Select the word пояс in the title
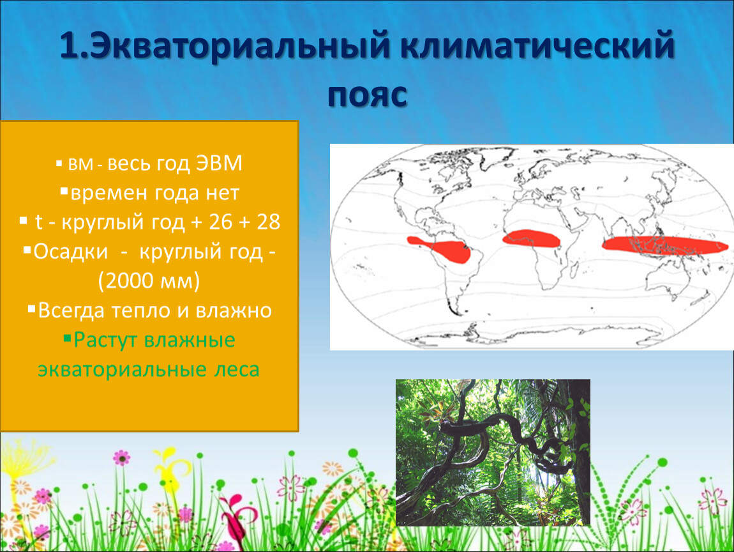[x=367, y=96]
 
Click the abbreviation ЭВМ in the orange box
[x=219, y=163]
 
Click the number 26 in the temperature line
[x=221, y=222]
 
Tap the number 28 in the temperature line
[x=268, y=222]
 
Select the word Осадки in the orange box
[x=70, y=252]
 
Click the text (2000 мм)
[x=149, y=281]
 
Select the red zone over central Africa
[x=531, y=238]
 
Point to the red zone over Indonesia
[x=664, y=245]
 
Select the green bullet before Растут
[x=68, y=337]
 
